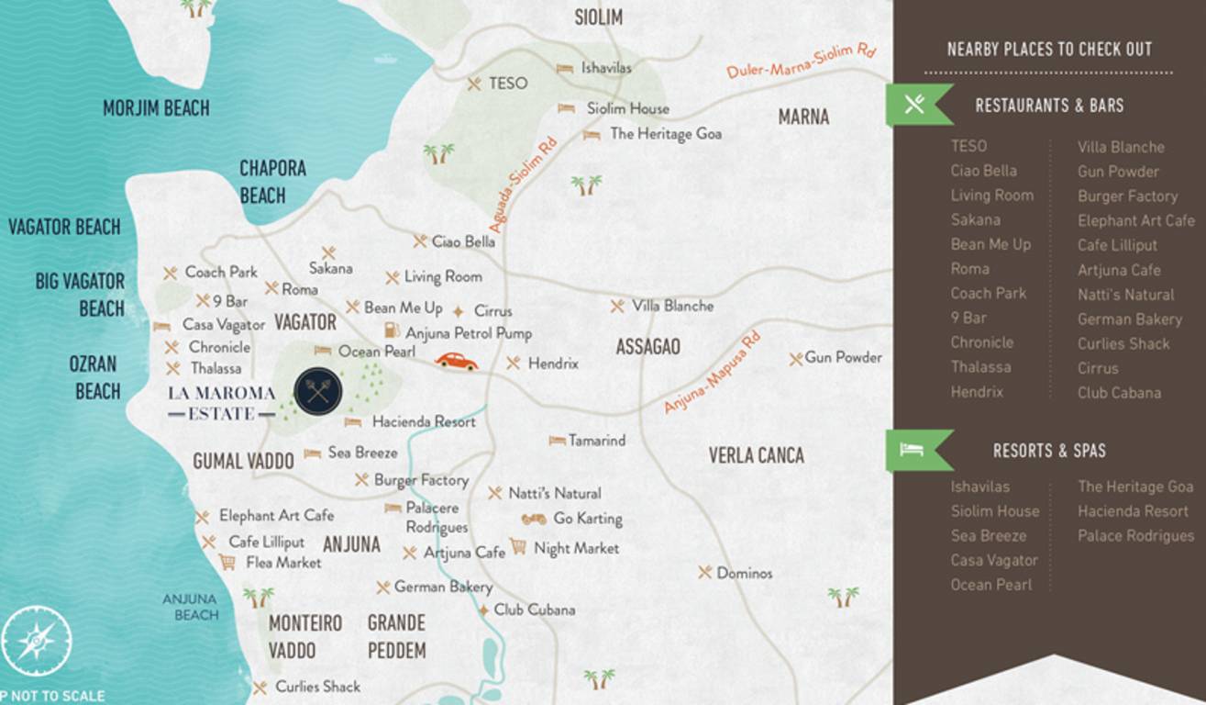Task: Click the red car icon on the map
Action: tap(456, 361)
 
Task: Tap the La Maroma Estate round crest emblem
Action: tap(318, 392)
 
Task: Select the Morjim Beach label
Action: tap(156, 108)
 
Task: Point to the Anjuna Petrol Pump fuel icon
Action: tap(392, 331)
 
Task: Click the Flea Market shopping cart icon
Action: tap(227, 562)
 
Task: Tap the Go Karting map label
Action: tap(587, 519)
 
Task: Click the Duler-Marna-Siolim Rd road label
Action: tap(802, 60)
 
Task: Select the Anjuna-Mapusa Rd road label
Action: tap(713, 373)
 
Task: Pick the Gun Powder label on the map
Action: tap(843, 357)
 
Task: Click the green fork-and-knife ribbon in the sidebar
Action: tap(915, 105)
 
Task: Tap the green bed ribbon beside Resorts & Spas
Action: tap(915, 450)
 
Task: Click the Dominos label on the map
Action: tap(744, 573)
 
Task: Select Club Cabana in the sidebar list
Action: tap(1119, 393)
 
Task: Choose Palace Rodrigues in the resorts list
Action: tap(1135, 536)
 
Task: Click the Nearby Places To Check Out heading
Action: tap(1049, 50)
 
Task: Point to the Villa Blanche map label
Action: tap(672, 306)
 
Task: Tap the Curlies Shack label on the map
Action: tap(317, 687)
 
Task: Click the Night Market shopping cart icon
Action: tap(518, 547)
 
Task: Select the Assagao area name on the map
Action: tap(647, 347)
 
